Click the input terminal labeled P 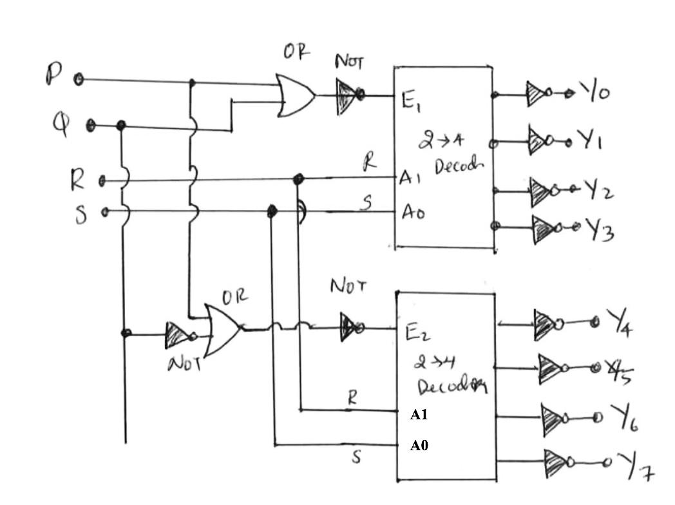(78, 79)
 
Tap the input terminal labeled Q (91, 124)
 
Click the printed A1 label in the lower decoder (419, 415)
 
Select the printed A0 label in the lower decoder (419, 445)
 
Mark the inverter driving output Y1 (538, 139)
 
